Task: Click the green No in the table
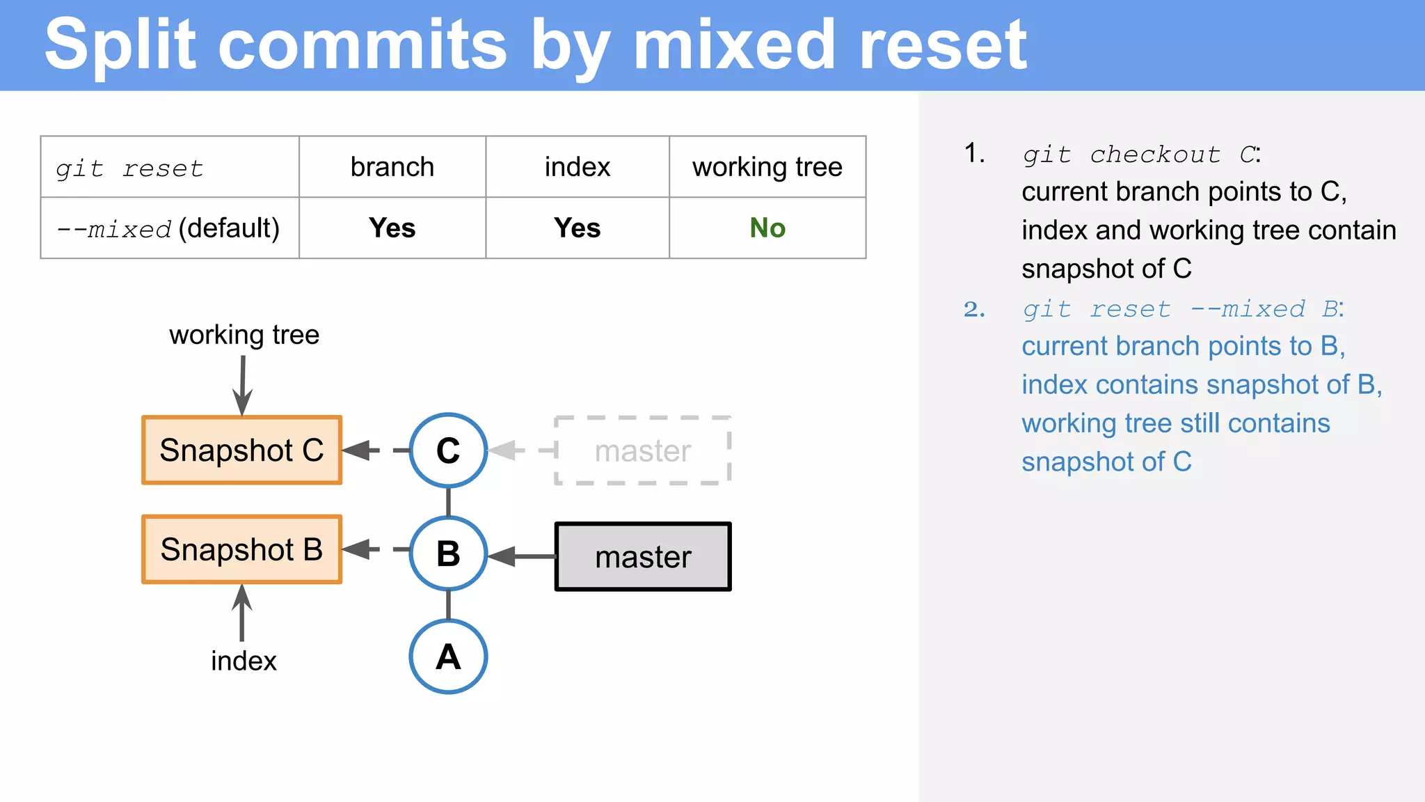click(767, 228)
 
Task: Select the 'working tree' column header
click(767, 167)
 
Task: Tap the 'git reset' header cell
click(129, 168)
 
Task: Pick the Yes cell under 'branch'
click(392, 228)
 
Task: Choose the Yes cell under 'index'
click(577, 228)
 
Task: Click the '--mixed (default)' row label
click(168, 228)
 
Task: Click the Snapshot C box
click(241, 450)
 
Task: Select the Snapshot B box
click(241, 550)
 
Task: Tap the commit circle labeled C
click(448, 450)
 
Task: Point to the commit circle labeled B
click(448, 554)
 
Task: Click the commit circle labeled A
click(448, 656)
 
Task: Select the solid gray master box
click(643, 557)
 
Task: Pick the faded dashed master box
click(643, 451)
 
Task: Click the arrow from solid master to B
click(522, 556)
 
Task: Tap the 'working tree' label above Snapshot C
click(244, 335)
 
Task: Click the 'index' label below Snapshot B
click(244, 661)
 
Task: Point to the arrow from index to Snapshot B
click(241, 613)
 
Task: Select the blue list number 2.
click(974, 309)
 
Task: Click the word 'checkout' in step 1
click(1155, 155)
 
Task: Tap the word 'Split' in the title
click(120, 45)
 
